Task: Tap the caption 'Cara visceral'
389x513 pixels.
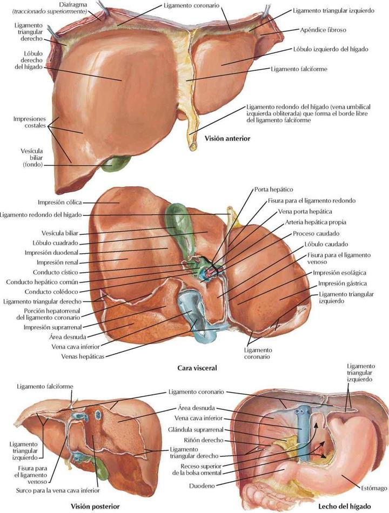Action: click(x=197, y=368)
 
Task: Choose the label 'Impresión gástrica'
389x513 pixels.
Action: click(x=343, y=283)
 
